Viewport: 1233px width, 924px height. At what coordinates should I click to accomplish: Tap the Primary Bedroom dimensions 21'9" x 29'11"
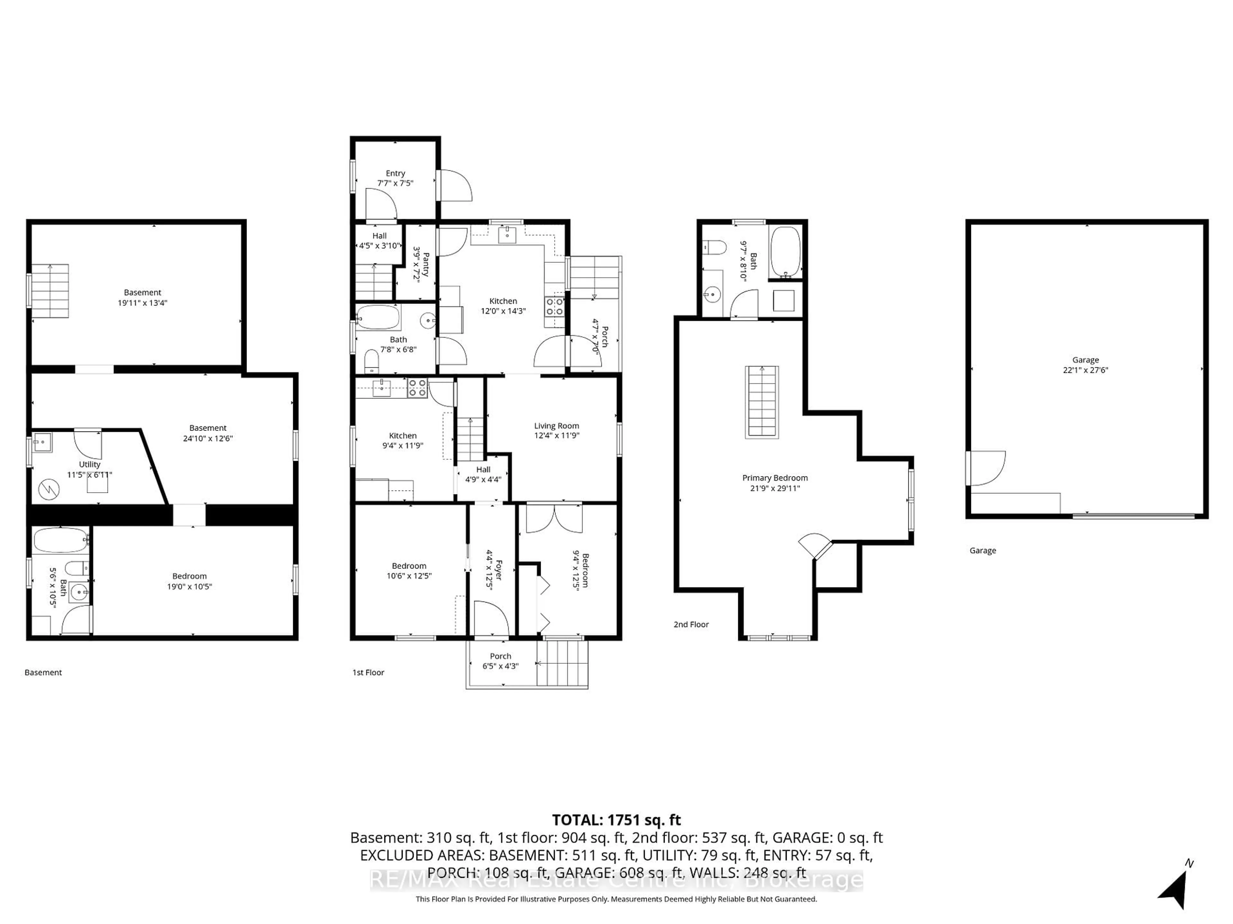(x=775, y=488)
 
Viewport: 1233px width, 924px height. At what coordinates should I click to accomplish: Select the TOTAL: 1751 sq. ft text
(x=616, y=820)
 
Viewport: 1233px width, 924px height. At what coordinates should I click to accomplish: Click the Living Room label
(x=556, y=425)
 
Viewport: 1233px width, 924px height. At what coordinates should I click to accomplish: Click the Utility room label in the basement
(x=90, y=464)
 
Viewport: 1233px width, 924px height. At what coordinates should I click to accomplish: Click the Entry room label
(x=395, y=173)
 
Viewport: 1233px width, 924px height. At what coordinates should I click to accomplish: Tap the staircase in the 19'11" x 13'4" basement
(x=50, y=291)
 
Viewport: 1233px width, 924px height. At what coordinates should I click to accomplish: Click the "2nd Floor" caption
(x=691, y=624)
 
